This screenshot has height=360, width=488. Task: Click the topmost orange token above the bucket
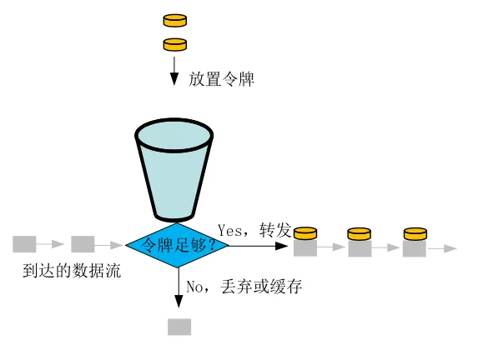[174, 18]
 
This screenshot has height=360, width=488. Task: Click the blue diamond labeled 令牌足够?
[178, 245]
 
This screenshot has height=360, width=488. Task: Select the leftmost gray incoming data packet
[24, 244]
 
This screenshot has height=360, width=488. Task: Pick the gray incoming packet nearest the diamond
[83, 244]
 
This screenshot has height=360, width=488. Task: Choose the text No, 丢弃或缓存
[243, 287]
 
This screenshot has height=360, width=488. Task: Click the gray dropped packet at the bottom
[179, 326]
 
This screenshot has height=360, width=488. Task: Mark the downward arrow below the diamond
[179, 292]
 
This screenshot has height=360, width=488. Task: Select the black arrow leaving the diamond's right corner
[259, 245]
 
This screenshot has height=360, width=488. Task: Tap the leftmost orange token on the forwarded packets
[304, 233]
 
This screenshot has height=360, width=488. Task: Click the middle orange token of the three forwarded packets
[359, 233]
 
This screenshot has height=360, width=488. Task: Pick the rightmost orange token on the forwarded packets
[415, 233]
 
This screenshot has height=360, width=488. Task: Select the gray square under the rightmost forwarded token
[415, 247]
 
